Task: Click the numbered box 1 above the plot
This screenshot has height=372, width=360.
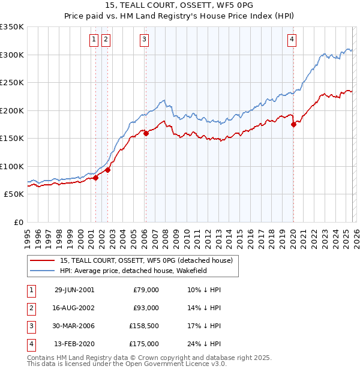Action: point(95,40)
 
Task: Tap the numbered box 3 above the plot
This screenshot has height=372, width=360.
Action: point(145,40)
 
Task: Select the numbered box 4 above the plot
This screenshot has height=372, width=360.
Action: point(292,40)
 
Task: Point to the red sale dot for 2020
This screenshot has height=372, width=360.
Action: point(293,125)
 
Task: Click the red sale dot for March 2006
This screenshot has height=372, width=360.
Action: point(146,134)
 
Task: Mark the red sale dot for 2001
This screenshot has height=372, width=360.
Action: point(95,178)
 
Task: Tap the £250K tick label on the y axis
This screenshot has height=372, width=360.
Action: point(12,83)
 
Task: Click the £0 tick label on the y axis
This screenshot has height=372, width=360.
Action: point(18,223)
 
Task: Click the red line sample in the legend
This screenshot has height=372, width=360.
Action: point(42,261)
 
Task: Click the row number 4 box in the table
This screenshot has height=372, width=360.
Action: point(31,344)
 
